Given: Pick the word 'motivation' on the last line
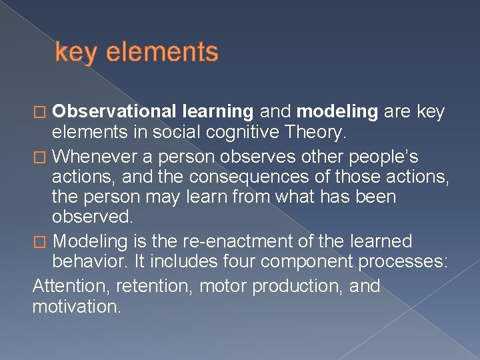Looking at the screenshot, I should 77,307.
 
